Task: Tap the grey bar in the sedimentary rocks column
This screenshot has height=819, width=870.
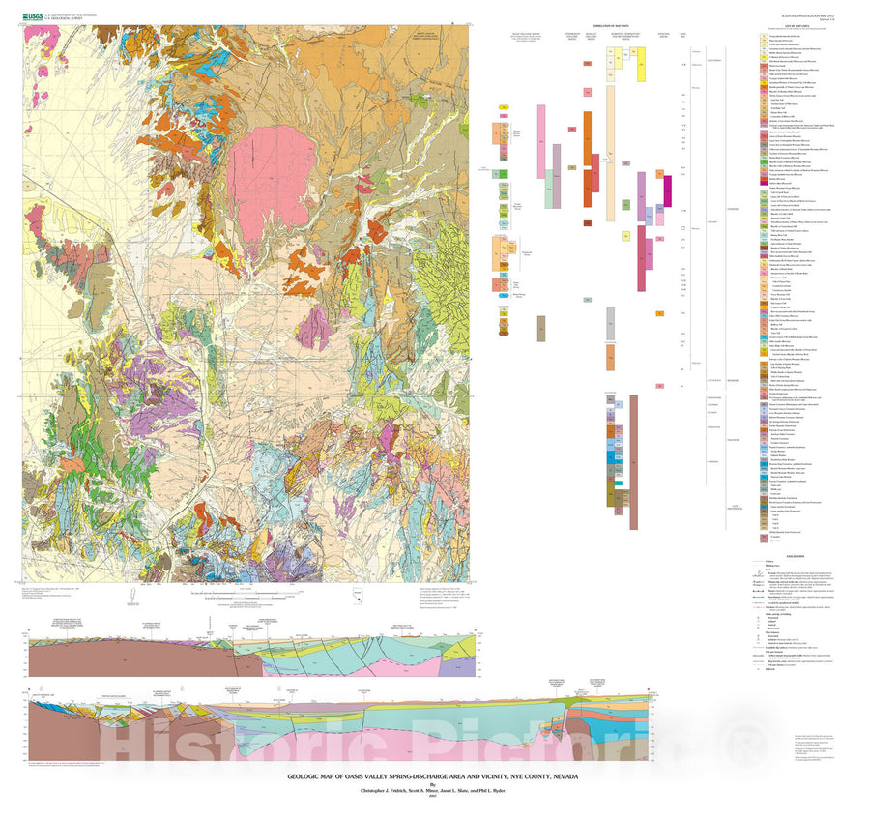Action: pos(611,324)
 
